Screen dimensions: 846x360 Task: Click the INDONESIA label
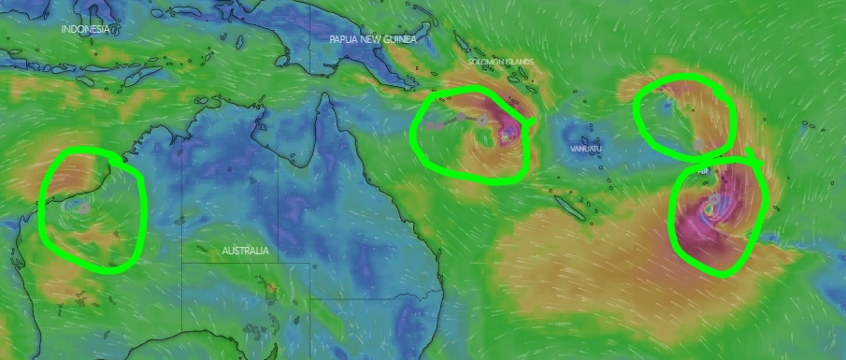(x=86, y=29)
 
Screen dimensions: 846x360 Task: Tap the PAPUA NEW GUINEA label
(x=372, y=39)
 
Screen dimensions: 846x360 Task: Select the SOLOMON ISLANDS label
(x=501, y=62)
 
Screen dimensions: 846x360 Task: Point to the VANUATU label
(x=585, y=149)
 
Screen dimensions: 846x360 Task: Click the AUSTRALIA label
(x=245, y=251)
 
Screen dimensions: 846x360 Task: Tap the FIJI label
(x=703, y=172)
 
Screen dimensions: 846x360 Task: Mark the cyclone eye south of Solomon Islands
(x=506, y=137)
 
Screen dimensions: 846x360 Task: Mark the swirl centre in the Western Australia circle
(x=82, y=208)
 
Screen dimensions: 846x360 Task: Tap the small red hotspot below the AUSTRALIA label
(x=271, y=289)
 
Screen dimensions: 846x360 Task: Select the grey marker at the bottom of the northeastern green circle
(x=697, y=144)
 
